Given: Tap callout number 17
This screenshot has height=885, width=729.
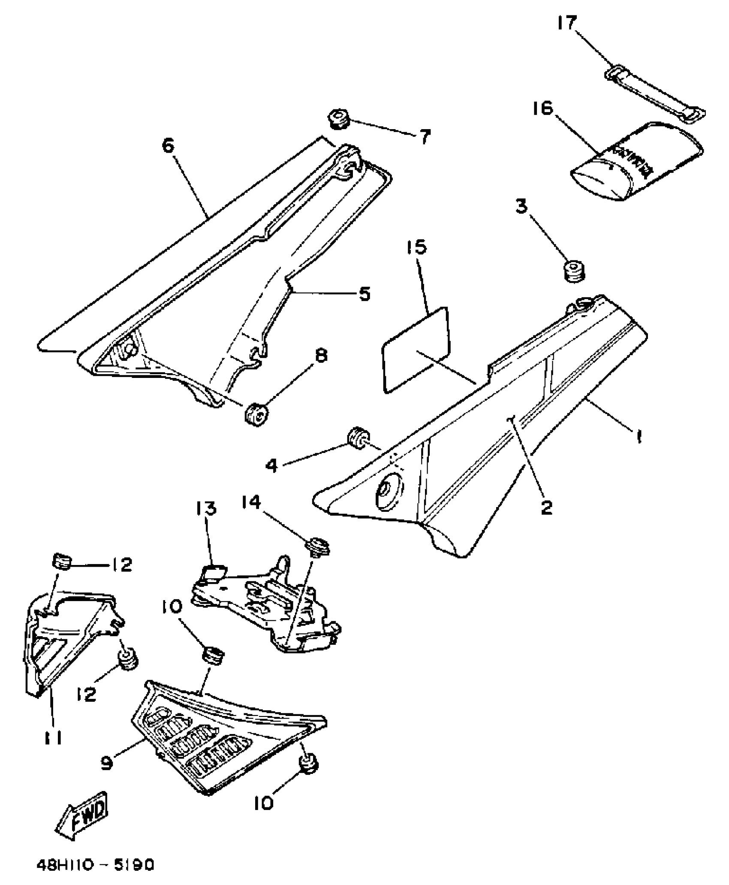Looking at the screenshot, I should point(567,22).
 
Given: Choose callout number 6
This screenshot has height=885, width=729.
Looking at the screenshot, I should point(168,146).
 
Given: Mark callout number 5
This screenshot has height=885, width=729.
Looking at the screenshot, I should point(364,294).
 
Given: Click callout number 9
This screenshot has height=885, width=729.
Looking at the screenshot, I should point(106,762).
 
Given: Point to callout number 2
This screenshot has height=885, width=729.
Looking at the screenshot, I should point(546,507).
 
